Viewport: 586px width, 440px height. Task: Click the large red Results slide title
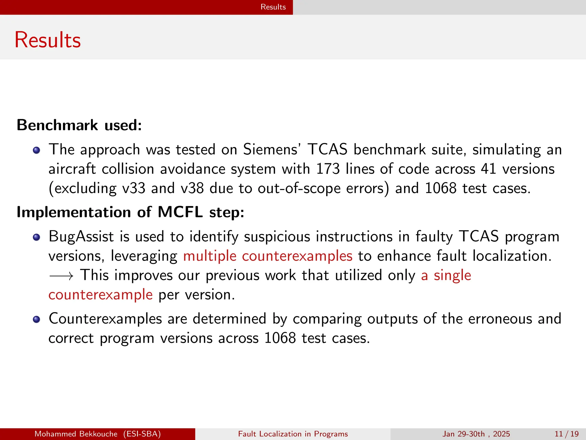47,40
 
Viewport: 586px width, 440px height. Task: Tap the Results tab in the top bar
273,7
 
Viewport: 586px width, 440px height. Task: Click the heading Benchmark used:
79,125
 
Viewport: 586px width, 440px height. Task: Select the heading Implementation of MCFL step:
130,212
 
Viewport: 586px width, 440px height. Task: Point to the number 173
328,169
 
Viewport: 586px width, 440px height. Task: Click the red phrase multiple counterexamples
268,256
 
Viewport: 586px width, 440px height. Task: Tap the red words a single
446,275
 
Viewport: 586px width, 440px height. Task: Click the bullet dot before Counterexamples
36,319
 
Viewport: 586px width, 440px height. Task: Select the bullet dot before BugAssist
36,237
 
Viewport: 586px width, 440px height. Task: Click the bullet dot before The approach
36,150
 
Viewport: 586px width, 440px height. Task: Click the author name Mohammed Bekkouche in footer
76,434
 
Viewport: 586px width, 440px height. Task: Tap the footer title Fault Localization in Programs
293,434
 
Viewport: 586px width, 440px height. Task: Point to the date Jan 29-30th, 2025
476,434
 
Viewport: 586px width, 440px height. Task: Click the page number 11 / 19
566,434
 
